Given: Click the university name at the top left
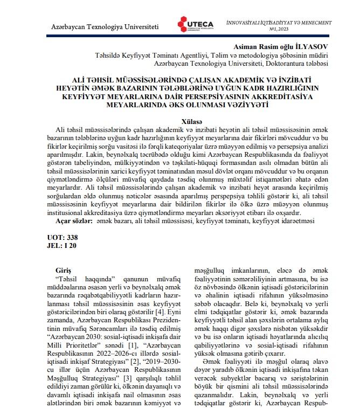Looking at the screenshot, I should pyautogui.click(x=105, y=27).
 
